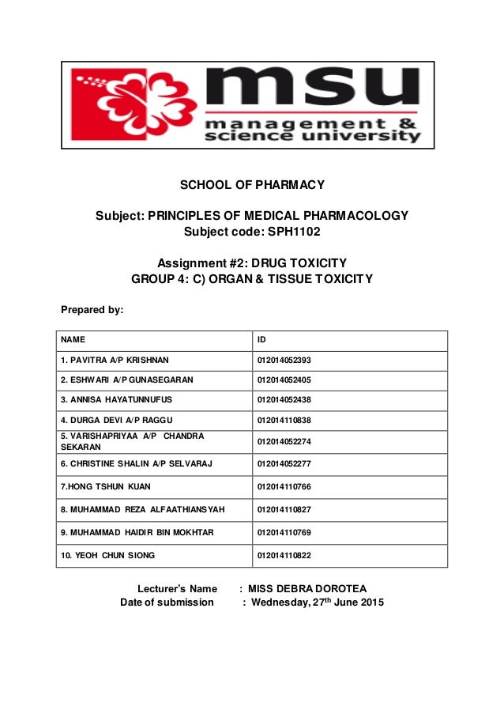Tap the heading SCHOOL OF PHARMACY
pos(252,185)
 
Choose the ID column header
pos(261,340)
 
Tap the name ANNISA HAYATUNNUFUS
pos(116,399)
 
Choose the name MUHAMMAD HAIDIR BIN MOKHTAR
pos(137,533)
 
